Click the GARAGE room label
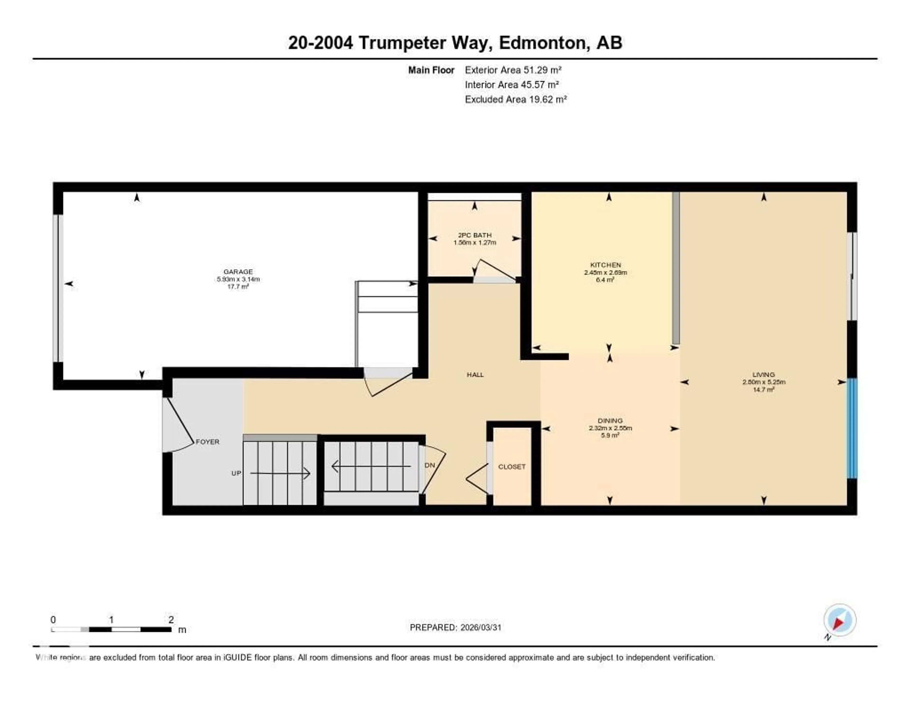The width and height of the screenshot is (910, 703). tap(238, 272)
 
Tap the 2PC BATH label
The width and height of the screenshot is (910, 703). tap(475, 235)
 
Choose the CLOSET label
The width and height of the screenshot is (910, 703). tap(512, 467)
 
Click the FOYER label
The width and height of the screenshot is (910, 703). tap(208, 442)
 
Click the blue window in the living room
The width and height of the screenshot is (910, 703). tap(852, 428)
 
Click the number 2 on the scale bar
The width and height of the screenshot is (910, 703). tap(171, 620)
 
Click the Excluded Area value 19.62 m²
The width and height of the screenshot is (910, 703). tap(546, 99)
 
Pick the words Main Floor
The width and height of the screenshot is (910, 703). tap(431, 70)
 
